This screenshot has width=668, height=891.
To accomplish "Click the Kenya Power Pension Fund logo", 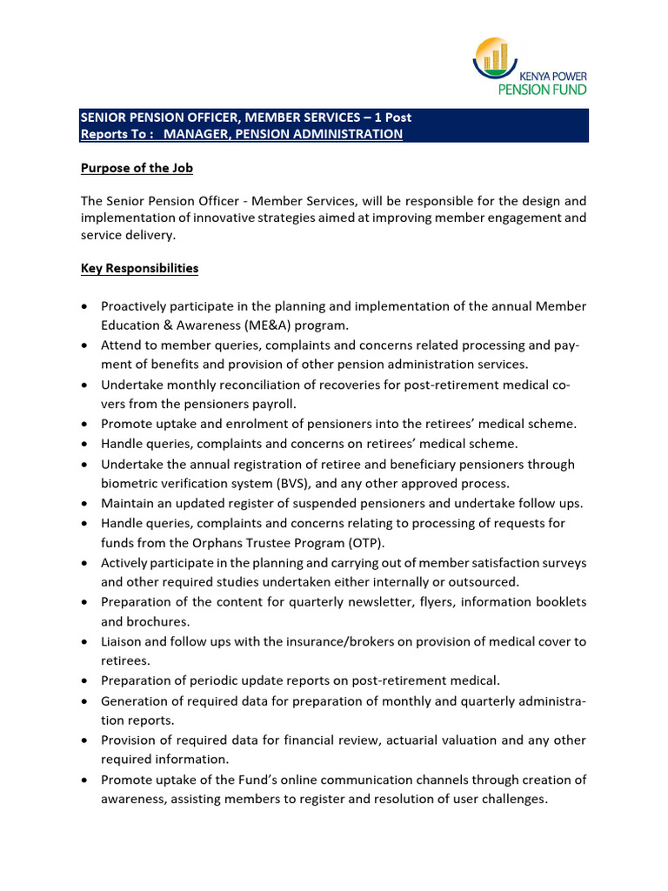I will (529, 66).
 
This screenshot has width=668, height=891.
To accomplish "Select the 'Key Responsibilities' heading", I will (139, 268).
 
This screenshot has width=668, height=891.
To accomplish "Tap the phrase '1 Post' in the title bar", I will (392, 117).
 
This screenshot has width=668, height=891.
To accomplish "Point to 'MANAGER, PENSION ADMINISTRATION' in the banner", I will (283, 134).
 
